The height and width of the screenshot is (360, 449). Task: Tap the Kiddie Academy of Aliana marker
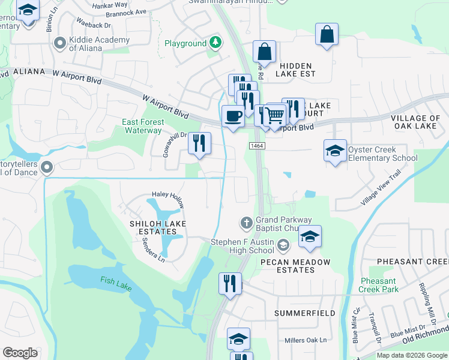(59, 43)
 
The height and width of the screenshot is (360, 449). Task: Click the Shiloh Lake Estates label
(158, 227)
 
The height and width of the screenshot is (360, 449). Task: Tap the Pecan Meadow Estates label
(295, 266)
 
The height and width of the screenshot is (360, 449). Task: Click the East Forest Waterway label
(142, 126)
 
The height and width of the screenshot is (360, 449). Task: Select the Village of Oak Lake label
(416, 122)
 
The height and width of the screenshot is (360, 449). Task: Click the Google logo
(20, 353)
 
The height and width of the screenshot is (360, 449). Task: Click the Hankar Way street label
(112, 5)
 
